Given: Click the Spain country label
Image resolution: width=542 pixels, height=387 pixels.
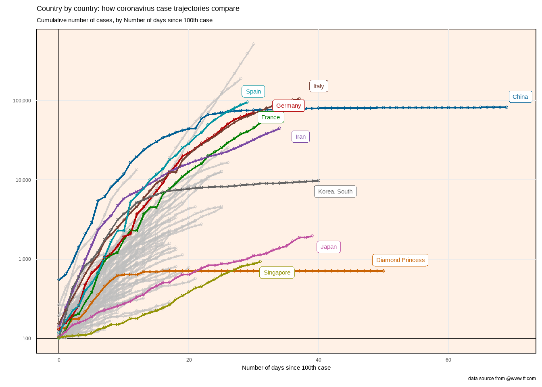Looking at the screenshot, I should pos(253,92).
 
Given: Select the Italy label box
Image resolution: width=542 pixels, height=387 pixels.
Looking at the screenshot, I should pos(319,86).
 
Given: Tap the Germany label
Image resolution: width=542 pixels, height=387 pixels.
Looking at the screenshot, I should pos(288,106).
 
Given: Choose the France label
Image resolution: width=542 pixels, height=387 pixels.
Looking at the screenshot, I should pos(271,117).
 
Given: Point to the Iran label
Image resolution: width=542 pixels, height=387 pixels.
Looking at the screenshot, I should pos(300,137).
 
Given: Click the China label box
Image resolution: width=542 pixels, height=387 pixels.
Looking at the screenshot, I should pos(520,97).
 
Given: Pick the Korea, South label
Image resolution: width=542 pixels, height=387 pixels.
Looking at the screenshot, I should pos(335,191).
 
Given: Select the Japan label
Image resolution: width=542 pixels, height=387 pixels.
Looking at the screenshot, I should pos(329,247).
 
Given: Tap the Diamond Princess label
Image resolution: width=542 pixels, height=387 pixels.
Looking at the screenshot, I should pos(400,260).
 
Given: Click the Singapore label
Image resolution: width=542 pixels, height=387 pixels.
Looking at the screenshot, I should pos(277,273).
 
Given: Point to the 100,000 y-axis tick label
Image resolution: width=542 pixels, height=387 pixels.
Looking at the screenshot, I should pos(22,101).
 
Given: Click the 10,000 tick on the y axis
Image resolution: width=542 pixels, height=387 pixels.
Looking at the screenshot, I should pos(23,180).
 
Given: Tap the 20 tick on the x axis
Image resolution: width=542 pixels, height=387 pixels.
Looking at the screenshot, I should pos(189,360).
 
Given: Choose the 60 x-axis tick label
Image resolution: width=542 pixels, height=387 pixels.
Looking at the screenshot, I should pos(448,360).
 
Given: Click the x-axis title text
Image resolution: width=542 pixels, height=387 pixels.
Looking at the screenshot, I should pos(286,368).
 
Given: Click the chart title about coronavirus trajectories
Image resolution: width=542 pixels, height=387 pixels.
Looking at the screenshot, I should pos(138,8).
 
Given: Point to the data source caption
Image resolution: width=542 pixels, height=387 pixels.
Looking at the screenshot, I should pos(502,379).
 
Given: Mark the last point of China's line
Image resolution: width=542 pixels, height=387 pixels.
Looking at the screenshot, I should pos(507,107).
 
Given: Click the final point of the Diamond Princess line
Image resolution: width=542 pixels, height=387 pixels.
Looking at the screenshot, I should pos(383,271).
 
